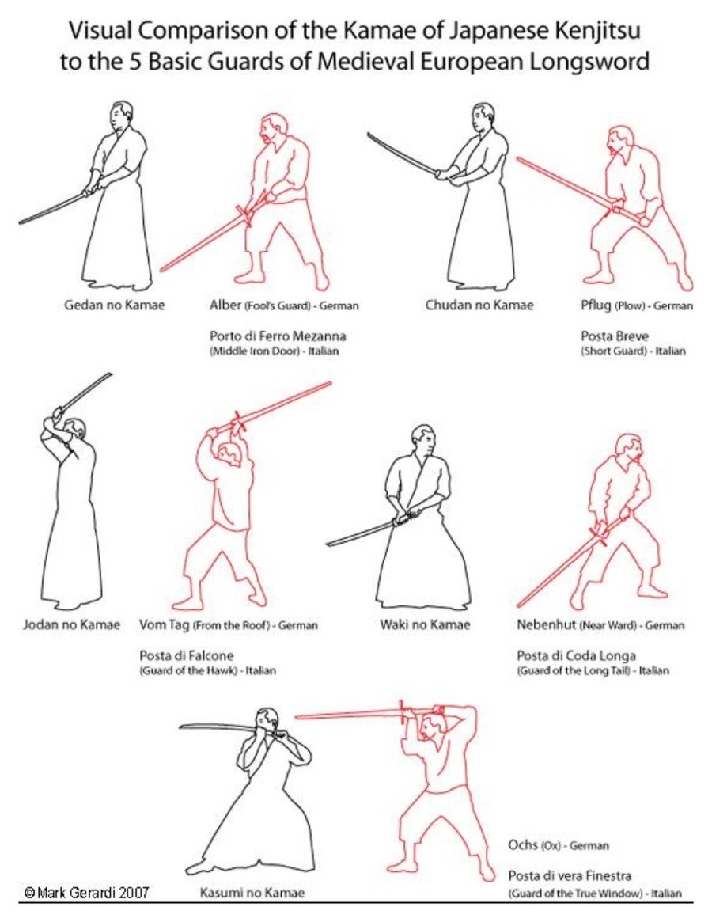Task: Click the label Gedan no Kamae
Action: pos(115,305)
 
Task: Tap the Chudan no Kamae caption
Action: pos(479,305)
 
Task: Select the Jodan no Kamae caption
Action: pos(71,624)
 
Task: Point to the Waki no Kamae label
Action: pos(425,624)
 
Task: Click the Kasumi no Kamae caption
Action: pos(252,893)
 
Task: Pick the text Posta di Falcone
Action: pos(187,655)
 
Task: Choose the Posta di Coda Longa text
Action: pos(576,655)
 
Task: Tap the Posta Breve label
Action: pos(615,336)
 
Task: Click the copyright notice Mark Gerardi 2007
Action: pos(86,893)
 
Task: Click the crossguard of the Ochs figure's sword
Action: pos(403,713)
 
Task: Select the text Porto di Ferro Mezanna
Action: pos(278,336)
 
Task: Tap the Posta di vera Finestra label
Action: pos(570,875)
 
